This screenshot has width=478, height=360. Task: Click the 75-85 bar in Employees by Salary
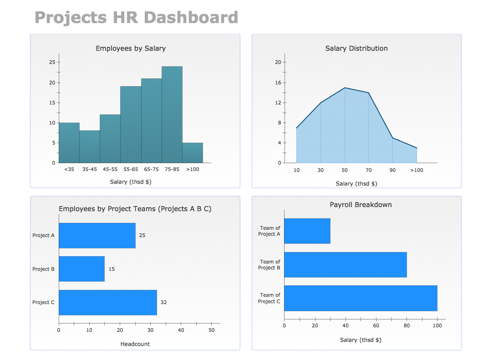(x=172, y=114)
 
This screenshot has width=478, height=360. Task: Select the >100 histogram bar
(x=193, y=153)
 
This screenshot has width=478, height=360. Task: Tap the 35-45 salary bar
(x=89, y=146)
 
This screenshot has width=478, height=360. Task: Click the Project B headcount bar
(x=81, y=269)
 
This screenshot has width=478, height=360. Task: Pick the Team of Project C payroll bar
(x=361, y=298)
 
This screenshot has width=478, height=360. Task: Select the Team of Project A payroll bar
(x=307, y=231)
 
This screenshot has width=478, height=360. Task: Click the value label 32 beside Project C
(x=163, y=303)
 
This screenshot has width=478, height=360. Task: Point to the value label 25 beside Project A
(x=142, y=236)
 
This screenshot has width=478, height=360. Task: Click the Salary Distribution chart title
(x=356, y=48)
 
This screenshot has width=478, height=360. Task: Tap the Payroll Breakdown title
(x=361, y=205)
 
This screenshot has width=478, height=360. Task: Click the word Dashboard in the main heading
(x=191, y=17)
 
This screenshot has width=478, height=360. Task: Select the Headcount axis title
(x=135, y=344)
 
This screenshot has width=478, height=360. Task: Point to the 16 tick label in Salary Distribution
(x=278, y=82)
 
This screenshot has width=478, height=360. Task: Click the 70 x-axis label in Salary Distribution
(x=369, y=170)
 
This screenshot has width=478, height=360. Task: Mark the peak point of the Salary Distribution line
(x=345, y=87)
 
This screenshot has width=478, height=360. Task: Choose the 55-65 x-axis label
(x=131, y=169)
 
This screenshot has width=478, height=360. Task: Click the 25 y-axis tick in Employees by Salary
(x=52, y=62)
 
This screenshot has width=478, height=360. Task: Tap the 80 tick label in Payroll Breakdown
(x=407, y=325)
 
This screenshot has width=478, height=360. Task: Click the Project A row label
(x=43, y=236)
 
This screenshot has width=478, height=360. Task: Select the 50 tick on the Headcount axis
(x=211, y=330)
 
